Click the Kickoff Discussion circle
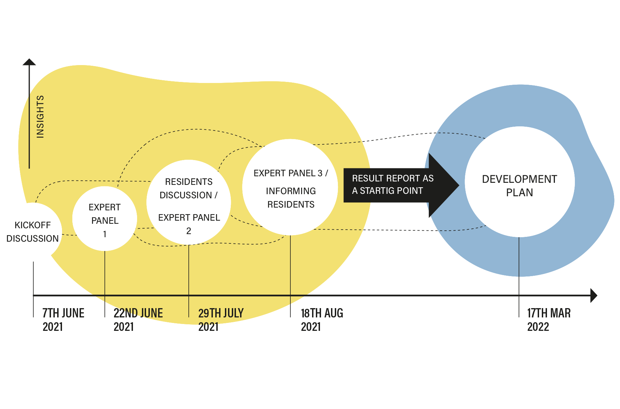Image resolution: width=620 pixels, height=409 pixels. coord(33,232)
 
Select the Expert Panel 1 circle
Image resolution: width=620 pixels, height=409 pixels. coord(105,219)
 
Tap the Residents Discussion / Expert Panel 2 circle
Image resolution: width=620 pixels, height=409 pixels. coord(189,202)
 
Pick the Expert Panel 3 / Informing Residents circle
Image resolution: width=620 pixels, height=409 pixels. coord(290,187)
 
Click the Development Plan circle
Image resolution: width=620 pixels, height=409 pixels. coord(519,182)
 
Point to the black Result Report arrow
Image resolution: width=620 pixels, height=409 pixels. coord(400,185)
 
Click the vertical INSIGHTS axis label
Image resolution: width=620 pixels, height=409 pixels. coord(40,117)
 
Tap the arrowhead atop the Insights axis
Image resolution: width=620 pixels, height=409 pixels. coord(29,62)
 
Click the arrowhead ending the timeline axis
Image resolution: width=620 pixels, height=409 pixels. coord(593,295)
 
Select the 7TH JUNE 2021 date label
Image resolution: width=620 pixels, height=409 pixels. coord(63,319)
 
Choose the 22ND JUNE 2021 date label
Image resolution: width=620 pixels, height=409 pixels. coord(138,319)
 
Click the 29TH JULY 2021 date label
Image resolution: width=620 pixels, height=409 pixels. coord(221,319)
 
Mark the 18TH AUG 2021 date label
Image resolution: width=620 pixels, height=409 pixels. coord(322,319)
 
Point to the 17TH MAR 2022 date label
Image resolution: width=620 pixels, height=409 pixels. coord(549,319)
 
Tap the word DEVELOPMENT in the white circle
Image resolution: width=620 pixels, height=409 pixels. coord(519,179)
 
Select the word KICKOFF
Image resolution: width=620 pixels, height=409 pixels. coord(33,225)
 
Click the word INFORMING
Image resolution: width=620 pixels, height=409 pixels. coord(291,191)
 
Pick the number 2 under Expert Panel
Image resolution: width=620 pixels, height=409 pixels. coord(189,231)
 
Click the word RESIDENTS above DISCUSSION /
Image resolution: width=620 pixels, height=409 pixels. coord(189,182)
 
